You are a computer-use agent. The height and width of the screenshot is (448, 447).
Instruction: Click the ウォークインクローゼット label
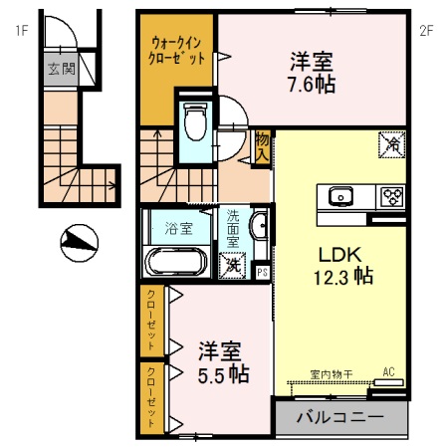pyautogui.click(x=178, y=50)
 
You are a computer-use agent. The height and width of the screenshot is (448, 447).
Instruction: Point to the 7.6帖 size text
pyautogui.click(x=312, y=84)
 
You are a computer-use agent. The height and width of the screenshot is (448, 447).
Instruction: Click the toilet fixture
pyautogui.click(x=195, y=121)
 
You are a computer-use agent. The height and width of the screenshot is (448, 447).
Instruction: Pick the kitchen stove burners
pyautogui.click(x=389, y=195)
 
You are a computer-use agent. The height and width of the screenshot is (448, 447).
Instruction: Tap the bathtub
pyautogui.click(x=175, y=261)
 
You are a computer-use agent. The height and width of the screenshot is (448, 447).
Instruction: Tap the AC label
pyautogui.click(x=389, y=373)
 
